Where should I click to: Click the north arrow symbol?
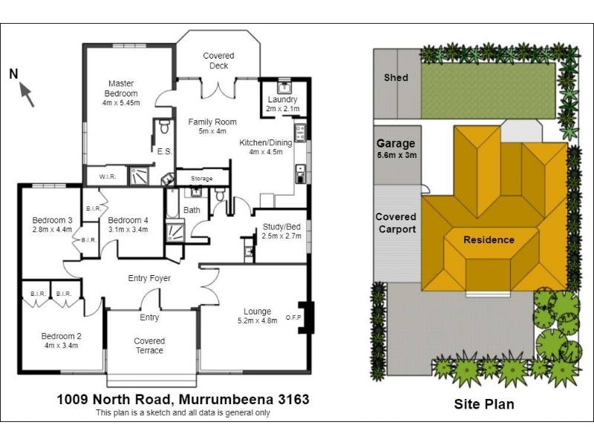27,95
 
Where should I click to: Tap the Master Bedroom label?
121,88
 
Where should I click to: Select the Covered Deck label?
218,61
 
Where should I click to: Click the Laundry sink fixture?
284,87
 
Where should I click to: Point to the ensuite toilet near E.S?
164,127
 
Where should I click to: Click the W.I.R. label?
108,177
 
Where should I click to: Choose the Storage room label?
201,178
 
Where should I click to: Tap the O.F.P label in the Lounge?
293,317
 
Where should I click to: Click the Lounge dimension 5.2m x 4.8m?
257,320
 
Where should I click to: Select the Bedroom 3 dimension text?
52,229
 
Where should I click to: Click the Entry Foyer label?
149,278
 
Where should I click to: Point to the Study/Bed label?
282,227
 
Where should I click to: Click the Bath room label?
192,210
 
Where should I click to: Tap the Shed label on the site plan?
396,78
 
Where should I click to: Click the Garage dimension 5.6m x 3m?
396,155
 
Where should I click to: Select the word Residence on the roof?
489,240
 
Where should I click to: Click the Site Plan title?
484,404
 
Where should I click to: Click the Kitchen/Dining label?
266,142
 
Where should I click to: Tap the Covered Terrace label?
149,346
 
